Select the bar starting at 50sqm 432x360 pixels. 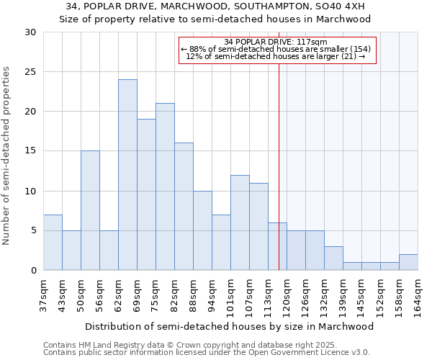90,210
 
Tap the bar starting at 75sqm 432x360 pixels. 165,186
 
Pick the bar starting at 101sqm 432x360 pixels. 240,222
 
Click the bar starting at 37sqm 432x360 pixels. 53,242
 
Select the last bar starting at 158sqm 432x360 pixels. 408,262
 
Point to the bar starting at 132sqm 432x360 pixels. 333,258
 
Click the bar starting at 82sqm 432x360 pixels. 184,207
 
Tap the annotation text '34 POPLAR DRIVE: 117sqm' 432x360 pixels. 276,42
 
